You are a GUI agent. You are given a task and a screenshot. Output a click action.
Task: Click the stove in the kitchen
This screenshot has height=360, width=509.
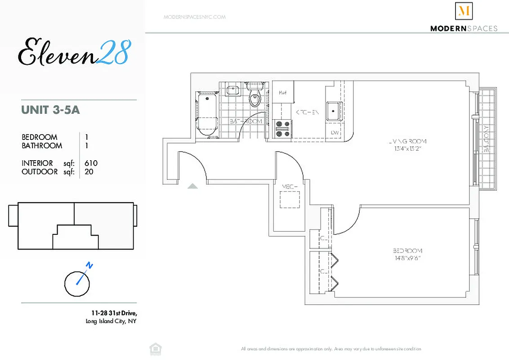(282, 128)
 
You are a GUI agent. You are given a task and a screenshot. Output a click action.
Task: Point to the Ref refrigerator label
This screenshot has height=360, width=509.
(283, 92)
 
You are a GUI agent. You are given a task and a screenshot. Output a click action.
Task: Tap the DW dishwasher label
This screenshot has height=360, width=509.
(334, 133)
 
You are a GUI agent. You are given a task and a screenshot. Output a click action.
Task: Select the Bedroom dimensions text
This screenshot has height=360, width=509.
(407, 258)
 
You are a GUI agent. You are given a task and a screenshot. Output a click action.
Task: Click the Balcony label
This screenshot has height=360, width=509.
(486, 139)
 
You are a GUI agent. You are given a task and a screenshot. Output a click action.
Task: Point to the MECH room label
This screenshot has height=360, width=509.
(288, 186)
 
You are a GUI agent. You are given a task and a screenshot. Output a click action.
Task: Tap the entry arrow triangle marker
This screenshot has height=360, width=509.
(192, 186)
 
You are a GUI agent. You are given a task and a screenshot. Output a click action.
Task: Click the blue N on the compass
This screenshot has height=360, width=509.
(90, 265)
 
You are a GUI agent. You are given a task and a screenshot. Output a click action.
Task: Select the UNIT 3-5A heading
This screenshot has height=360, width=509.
(50, 109)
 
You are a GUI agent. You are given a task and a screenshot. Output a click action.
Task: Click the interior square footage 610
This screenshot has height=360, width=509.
(91, 163)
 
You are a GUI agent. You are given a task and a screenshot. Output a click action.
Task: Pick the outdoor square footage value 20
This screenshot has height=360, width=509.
(89, 171)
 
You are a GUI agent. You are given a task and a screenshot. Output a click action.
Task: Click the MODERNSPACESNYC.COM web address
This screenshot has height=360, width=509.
(194, 17)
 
